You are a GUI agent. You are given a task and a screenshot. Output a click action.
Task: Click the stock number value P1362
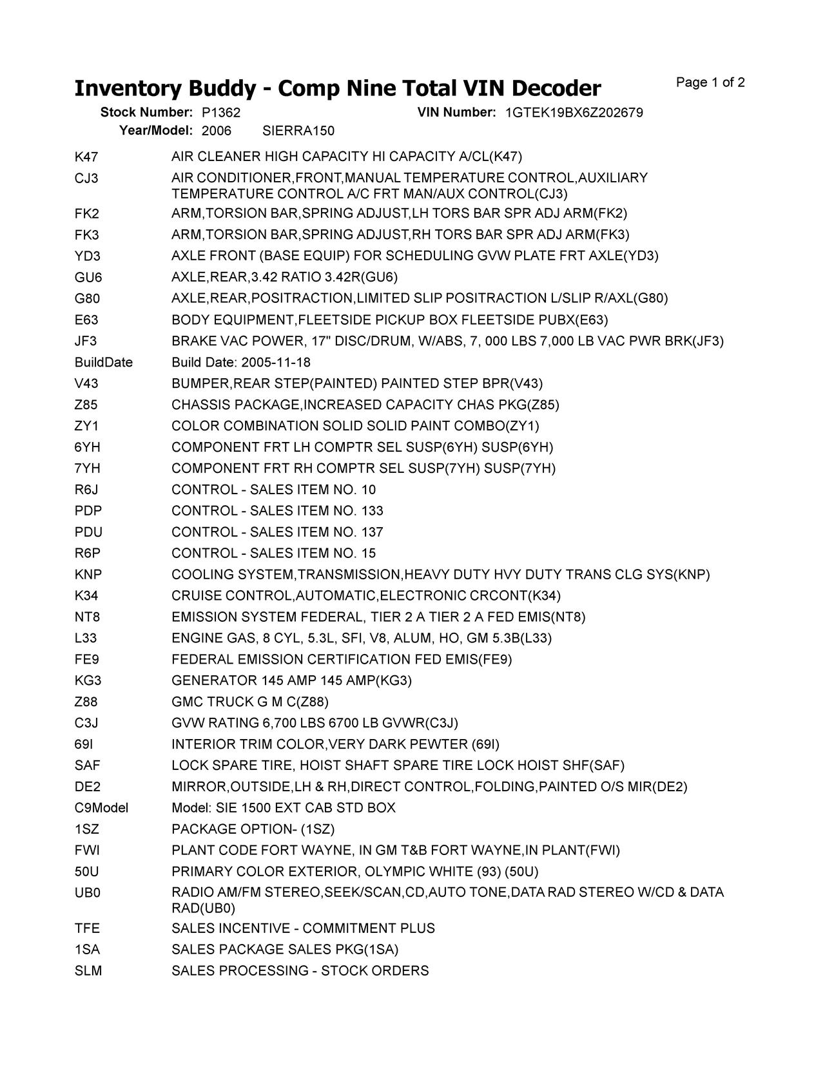coord(220,113)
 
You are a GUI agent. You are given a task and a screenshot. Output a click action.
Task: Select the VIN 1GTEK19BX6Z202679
coord(574,113)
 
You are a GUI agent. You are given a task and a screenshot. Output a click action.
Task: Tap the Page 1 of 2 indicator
coord(710,82)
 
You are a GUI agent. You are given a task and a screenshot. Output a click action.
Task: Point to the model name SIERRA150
coord(298,131)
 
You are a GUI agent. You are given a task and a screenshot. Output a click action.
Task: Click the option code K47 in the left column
coord(86,157)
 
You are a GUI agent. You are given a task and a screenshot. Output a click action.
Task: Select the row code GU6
coord(88,278)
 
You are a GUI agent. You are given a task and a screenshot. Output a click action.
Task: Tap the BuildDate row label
coord(103,363)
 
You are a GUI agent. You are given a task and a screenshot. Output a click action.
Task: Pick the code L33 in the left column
coord(86,639)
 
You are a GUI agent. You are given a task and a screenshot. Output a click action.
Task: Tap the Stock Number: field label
coord(146,113)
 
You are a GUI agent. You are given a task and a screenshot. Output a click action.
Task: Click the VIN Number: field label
coord(456,113)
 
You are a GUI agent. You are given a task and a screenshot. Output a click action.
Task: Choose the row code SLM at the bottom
coord(88,971)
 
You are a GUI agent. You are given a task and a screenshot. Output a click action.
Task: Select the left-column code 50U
coord(87,872)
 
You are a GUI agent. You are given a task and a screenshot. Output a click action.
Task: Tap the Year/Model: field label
coord(155,131)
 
